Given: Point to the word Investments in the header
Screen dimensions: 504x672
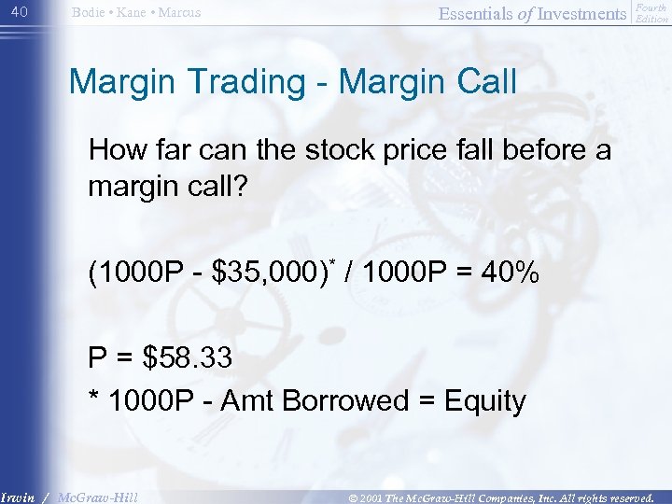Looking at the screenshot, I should [578, 13].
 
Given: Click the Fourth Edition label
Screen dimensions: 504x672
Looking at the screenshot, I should [651, 13].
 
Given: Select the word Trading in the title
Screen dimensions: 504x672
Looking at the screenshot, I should [253, 82].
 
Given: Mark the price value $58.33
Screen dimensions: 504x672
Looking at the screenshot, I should [186, 357].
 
